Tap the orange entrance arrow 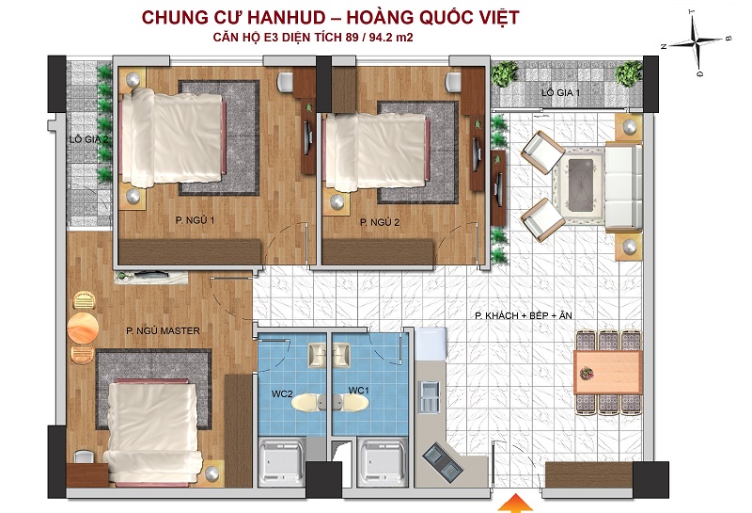pyautogui.click(x=513, y=504)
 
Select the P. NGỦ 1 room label pyautogui.click(x=195, y=220)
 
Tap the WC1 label pyautogui.click(x=358, y=391)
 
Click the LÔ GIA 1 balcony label pyautogui.click(x=560, y=92)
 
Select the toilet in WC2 pyautogui.click(x=306, y=403)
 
